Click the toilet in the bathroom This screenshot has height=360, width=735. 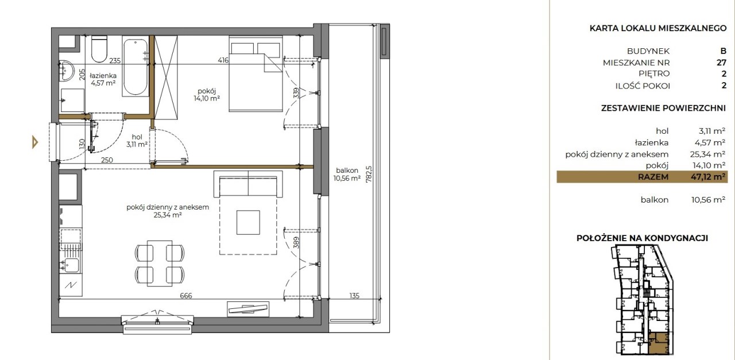pos(99,49)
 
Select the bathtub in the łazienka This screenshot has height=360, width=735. pos(136,66)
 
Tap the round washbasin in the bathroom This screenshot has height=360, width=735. pos(67,71)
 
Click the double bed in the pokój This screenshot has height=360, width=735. pos(256,74)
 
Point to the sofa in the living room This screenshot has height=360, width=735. pos(248,184)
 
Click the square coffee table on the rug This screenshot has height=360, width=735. pos(248,223)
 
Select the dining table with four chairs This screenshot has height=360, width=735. pos(160,264)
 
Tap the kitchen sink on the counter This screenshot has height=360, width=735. pos(71,265)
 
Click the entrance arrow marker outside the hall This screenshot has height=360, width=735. pos(35,142)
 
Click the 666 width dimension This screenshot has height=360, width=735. pos(185,296)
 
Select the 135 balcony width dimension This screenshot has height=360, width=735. pos(354,296)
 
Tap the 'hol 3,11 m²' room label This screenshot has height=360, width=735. pos(137,141)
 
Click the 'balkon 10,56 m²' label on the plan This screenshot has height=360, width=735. pos(347,174)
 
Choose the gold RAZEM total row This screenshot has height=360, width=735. pos(642,177)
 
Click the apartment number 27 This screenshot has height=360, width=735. pos(721,63)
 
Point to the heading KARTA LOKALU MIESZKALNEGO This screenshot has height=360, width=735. pos(658,28)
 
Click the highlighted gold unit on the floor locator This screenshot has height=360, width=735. pos(659,343)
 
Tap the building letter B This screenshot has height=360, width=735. pos(723,51)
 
